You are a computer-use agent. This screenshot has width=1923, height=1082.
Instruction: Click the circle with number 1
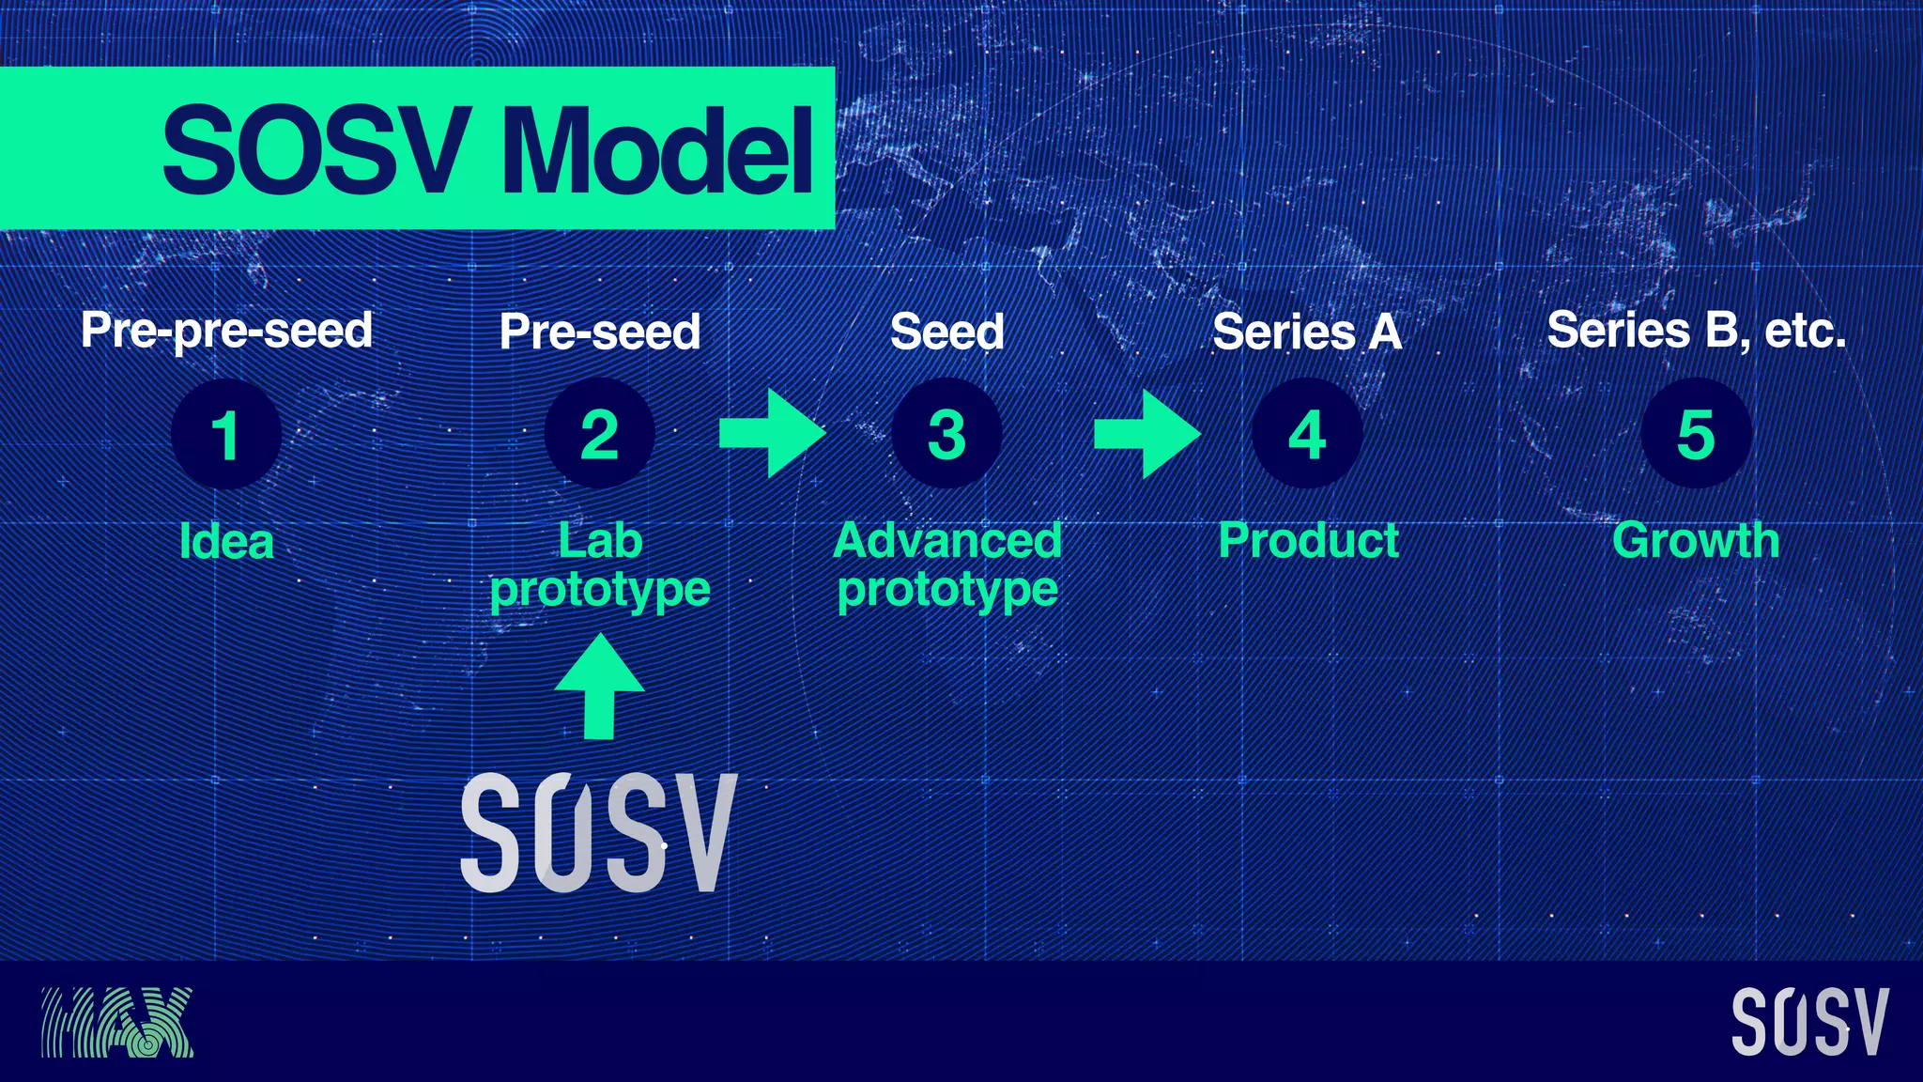coord(225,435)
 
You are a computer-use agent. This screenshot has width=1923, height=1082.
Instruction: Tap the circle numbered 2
coord(599,434)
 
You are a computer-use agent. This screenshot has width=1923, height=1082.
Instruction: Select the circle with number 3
coord(946,434)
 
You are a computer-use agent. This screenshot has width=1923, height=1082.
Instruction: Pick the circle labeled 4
coord(1307,434)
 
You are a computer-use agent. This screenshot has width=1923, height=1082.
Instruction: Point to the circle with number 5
coord(1696,434)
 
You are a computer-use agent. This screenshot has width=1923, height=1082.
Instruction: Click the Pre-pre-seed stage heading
coord(226,331)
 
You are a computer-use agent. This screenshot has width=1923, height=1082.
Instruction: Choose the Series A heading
coord(1307,332)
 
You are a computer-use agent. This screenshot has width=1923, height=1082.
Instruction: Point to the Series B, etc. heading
coord(1696,331)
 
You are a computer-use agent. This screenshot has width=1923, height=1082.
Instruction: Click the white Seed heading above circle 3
coord(946,332)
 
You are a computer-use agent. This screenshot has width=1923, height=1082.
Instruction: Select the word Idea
coord(226,542)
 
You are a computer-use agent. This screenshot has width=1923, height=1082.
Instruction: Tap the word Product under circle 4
coord(1308,541)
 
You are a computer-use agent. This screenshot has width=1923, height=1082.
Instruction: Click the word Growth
coord(1696,541)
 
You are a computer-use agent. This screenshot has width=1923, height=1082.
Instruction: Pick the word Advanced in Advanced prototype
coord(946,541)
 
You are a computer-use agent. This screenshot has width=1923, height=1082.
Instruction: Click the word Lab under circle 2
coord(600,541)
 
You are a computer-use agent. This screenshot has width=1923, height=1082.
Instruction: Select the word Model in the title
coord(657,150)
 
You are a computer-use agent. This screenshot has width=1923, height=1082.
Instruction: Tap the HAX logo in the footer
coord(116,1022)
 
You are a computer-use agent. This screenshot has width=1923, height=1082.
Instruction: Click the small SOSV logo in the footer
coord(1809,1022)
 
